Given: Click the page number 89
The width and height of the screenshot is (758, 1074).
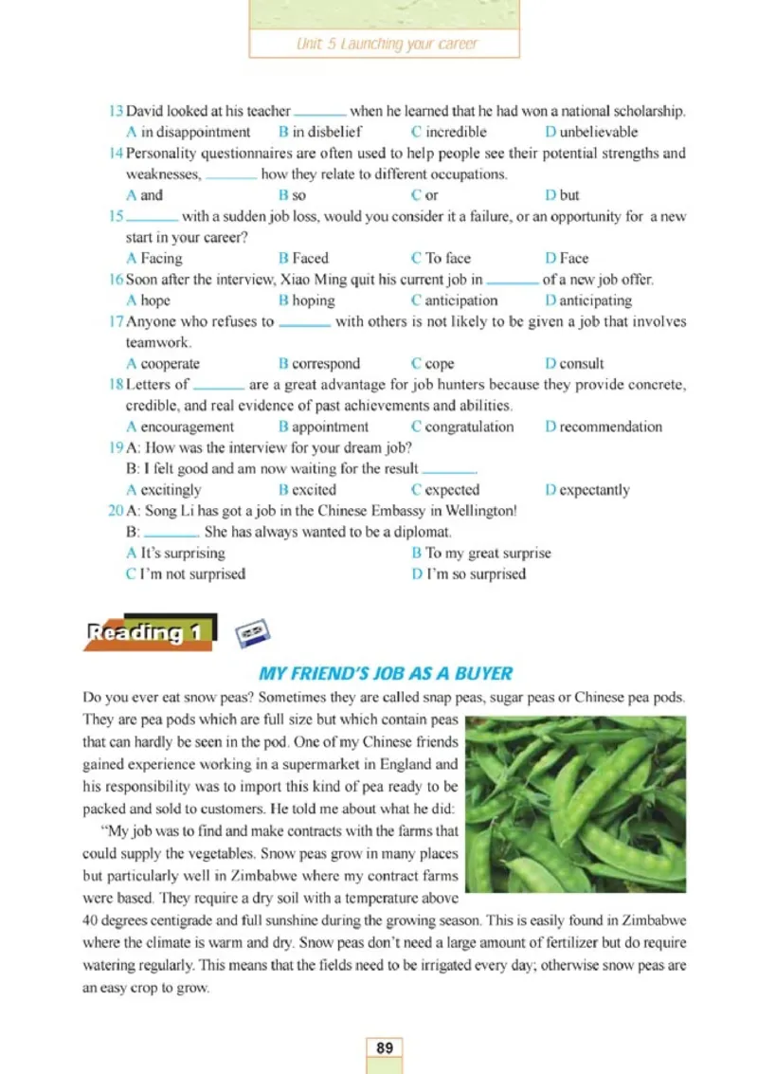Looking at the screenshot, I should (x=384, y=1047).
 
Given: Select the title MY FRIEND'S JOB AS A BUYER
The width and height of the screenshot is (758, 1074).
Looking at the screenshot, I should (x=385, y=674).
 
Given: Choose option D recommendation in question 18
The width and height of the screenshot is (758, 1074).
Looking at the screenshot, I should (x=604, y=427).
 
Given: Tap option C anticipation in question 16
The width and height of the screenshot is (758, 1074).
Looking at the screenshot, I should (x=454, y=300).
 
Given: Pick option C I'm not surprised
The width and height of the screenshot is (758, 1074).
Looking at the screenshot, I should (x=185, y=573).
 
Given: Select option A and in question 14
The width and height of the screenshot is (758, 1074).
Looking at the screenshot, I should (x=144, y=195).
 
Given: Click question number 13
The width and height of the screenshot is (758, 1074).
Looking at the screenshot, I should (x=115, y=111).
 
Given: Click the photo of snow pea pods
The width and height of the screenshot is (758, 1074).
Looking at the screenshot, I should (x=576, y=804).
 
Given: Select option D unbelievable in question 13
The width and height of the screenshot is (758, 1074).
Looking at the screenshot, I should (x=591, y=132).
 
